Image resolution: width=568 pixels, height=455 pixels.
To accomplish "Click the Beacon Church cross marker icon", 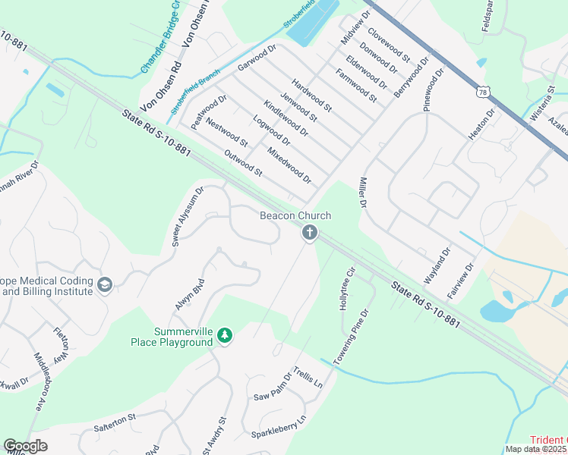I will pos(309,233).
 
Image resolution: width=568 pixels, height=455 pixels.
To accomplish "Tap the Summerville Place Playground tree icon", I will pos(224,335).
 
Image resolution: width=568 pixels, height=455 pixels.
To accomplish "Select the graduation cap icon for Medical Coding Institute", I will pos(106,285).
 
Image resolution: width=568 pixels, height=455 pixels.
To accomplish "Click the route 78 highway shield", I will pos(484,92).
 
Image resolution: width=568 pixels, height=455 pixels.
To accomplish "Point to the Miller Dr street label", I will pos(361,194).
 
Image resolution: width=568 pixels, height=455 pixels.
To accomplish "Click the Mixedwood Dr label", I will pos(289,165).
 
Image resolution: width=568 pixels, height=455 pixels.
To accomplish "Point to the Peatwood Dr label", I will pos(210,112).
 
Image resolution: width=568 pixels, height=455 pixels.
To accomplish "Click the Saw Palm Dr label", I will pos(273,387).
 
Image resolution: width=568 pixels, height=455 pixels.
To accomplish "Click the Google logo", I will pos(25,446).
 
